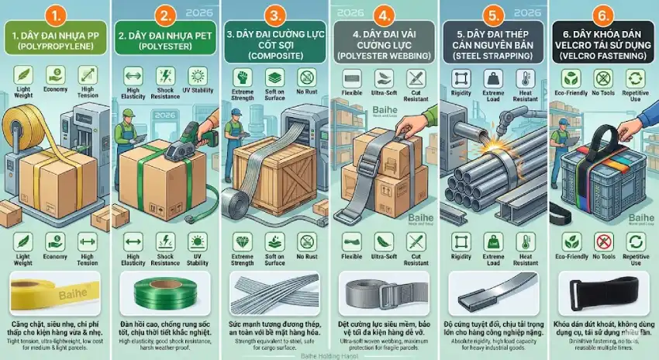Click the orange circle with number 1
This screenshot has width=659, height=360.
pos(54,15)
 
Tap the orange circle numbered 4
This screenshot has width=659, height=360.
pos(383,15)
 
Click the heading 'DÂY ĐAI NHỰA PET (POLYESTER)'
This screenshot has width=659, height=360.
pos(164,41)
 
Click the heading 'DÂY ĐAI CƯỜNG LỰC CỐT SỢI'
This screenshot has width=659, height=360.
pos(274,41)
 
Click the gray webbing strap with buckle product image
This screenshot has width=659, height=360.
pos(385,294)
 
